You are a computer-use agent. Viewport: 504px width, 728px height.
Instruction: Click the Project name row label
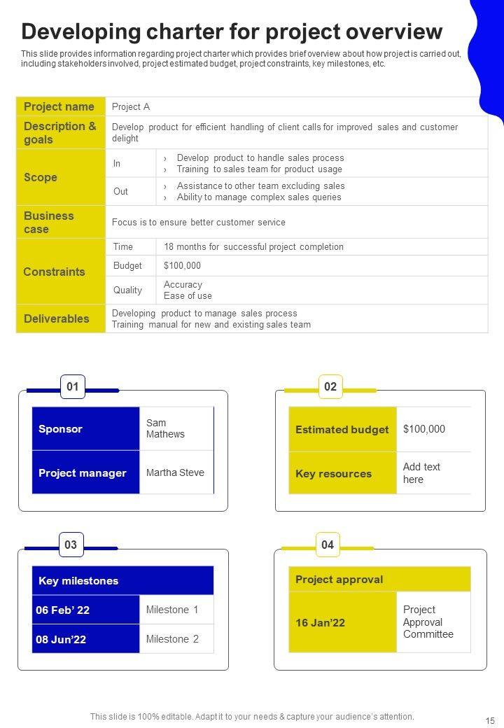click(60, 106)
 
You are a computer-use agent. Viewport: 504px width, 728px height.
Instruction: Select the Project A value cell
click(131, 107)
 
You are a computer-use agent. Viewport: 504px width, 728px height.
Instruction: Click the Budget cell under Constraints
click(128, 265)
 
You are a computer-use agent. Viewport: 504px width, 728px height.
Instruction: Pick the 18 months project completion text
click(253, 246)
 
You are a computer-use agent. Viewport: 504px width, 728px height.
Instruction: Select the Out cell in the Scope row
click(121, 191)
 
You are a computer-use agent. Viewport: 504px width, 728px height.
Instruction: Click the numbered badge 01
click(72, 386)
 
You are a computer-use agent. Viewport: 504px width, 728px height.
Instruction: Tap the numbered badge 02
click(330, 386)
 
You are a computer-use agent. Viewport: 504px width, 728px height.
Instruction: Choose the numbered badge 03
click(71, 545)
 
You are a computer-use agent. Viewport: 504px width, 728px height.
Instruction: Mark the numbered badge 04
click(328, 545)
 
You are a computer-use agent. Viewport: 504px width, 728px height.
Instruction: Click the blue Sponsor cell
click(85, 428)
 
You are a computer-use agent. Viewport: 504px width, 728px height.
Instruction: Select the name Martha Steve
click(175, 472)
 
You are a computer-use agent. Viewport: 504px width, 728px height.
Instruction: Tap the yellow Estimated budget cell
click(342, 429)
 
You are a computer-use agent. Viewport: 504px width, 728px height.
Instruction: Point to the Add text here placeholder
click(421, 473)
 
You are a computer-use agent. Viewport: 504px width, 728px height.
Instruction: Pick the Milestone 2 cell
click(172, 639)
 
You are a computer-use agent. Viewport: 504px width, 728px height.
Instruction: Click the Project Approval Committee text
click(428, 622)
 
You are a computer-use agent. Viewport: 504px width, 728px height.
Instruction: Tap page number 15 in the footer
click(490, 720)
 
